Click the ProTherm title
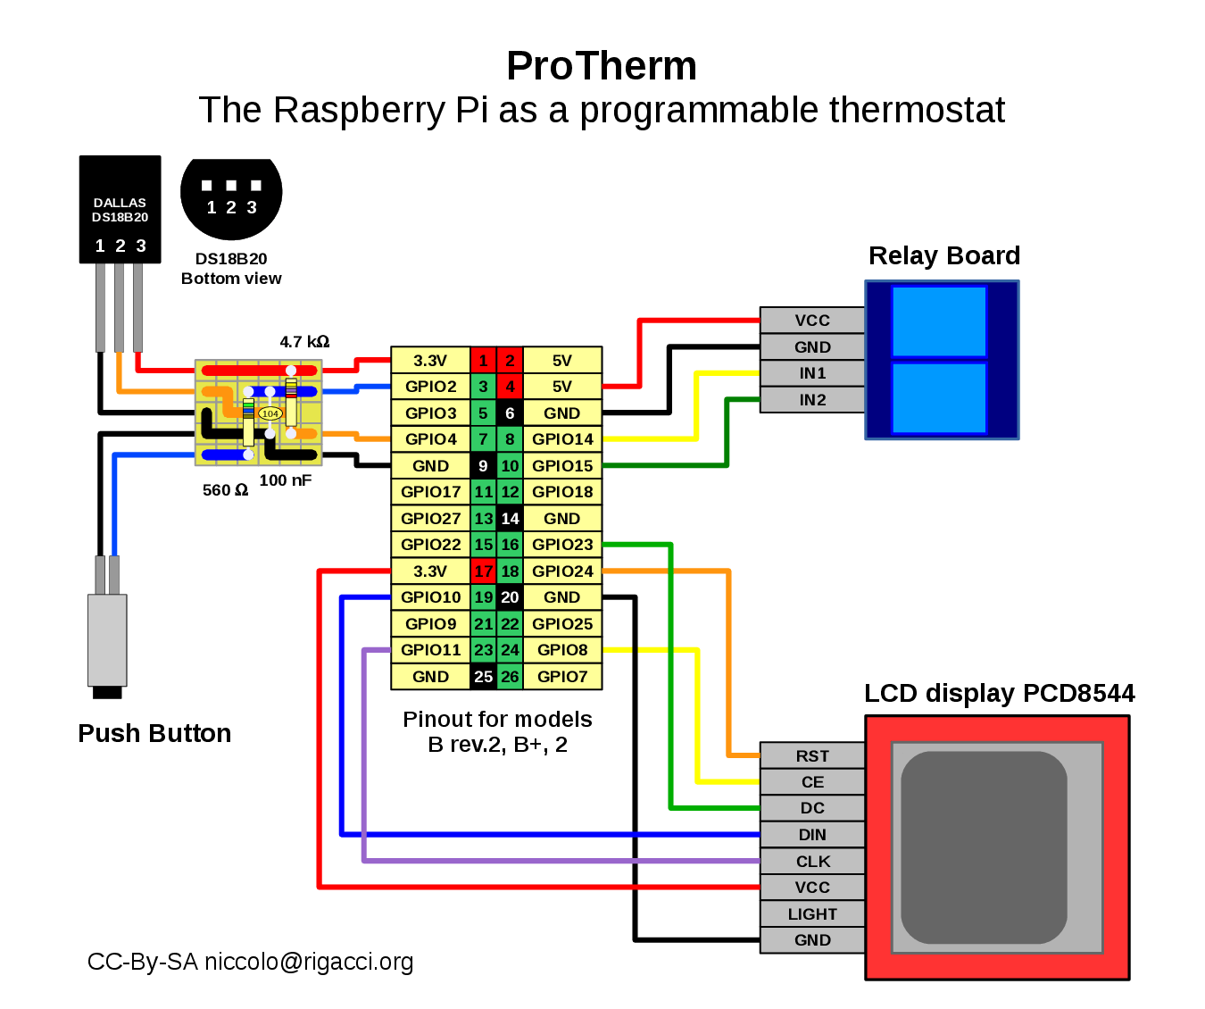click(x=602, y=66)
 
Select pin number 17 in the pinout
click(x=483, y=571)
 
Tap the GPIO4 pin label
click(x=430, y=439)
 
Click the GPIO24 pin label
click(x=562, y=571)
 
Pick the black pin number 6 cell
click(x=510, y=413)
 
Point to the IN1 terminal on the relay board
click(x=812, y=373)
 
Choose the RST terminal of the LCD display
click(x=812, y=756)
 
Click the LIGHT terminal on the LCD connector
click(x=812, y=914)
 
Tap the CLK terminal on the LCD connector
click(x=812, y=862)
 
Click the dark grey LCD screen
click(x=984, y=847)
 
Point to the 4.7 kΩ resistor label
click(x=304, y=342)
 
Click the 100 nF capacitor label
click(x=286, y=480)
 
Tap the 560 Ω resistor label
click(x=225, y=490)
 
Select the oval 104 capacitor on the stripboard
click(x=270, y=413)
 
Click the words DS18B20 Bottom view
click(x=231, y=269)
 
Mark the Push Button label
click(x=154, y=733)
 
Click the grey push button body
click(x=107, y=639)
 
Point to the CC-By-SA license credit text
click(x=250, y=962)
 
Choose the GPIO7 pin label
click(x=562, y=677)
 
